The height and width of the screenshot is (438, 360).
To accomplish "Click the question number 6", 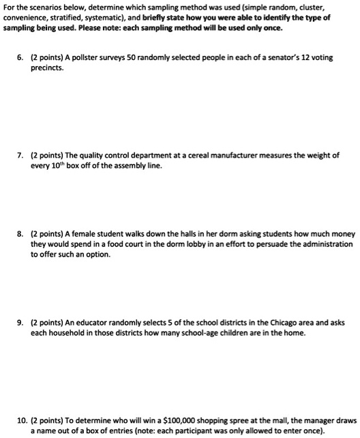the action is [x=21, y=58].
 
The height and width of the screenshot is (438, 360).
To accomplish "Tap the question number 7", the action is [x=21, y=156].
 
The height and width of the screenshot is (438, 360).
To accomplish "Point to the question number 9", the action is [x=21, y=323].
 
